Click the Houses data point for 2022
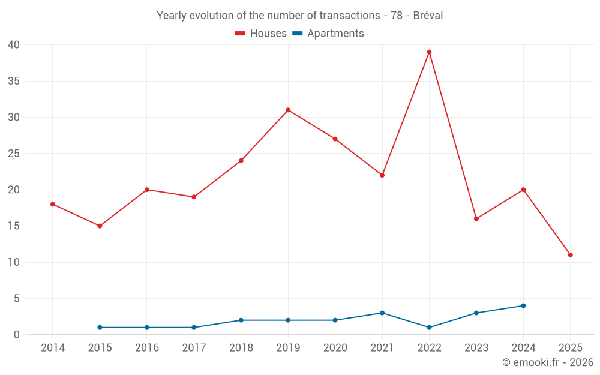(x=429, y=52)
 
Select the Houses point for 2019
(x=288, y=110)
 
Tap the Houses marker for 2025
(x=570, y=255)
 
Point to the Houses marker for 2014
(x=53, y=204)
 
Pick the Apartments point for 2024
(x=523, y=306)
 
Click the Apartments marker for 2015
(x=100, y=328)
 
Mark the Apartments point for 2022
(x=429, y=328)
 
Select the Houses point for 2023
(x=476, y=218)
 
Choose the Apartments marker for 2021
(x=382, y=313)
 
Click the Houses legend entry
(x=261, y=34)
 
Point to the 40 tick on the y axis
(x=14, y=45)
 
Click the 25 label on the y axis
(x=14, y=154)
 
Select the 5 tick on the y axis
(x=17, y=299)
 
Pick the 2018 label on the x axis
(x=241, y=348)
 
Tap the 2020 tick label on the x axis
(x=335, y=348)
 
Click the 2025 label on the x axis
(x=570, y=348)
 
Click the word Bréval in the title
(x=428, y=16)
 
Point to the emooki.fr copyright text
(x=548, y=362)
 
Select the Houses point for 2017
(x=194, y=197)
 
